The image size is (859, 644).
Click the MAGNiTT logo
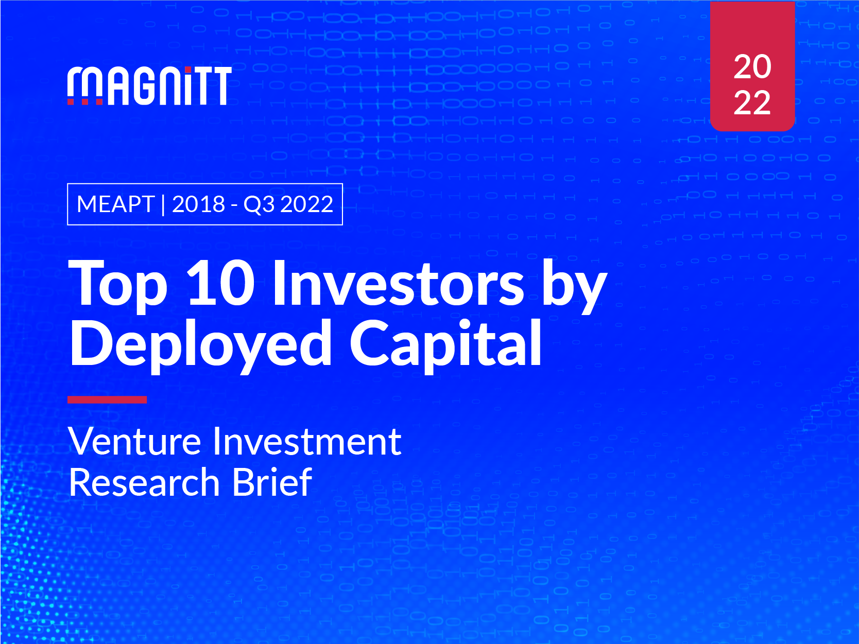149,86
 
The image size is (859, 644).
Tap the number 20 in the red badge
752,67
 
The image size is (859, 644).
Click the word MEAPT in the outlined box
116,204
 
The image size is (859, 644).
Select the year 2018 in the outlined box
198,204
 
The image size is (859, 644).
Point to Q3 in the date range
259,204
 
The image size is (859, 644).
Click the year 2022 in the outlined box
307,204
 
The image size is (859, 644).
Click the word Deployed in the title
201,344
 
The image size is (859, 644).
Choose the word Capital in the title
446,344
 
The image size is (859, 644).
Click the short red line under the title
107,399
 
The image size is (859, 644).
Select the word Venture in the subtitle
135,442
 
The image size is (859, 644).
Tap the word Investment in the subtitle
307,442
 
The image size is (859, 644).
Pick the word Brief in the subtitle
272,482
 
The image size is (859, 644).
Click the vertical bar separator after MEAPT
163,205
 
